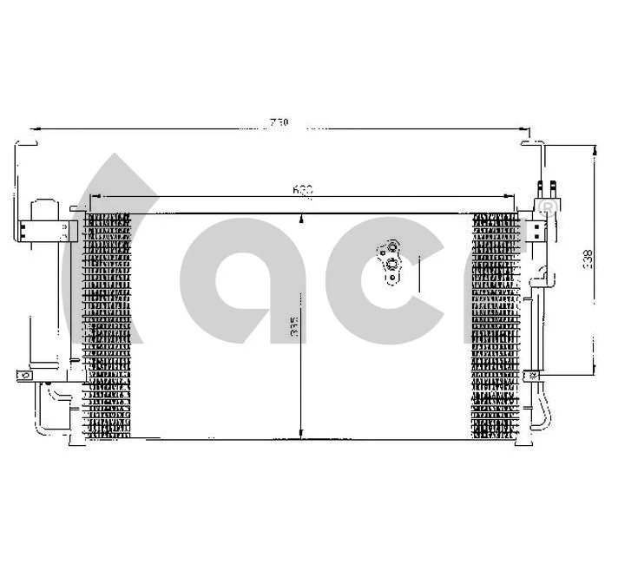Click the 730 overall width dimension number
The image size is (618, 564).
point(278,123)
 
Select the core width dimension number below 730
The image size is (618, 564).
point(302,188)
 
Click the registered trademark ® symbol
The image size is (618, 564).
point(547,206)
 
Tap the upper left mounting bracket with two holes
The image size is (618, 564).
point(43,230)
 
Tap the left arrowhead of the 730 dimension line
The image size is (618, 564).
point(35,130)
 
